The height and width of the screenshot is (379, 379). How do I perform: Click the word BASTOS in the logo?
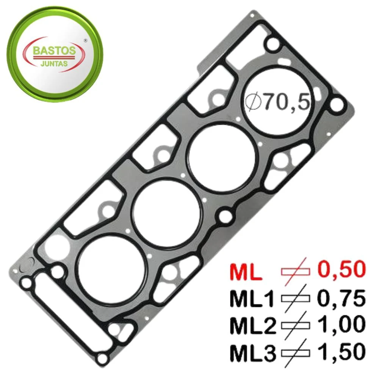(54, 51)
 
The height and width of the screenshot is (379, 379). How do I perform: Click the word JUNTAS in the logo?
(54, 64)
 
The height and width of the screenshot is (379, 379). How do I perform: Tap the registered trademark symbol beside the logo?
(85, 41)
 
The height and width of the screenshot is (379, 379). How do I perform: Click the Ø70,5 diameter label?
(277, 102)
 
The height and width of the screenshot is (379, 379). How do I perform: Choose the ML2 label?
(252, 325)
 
